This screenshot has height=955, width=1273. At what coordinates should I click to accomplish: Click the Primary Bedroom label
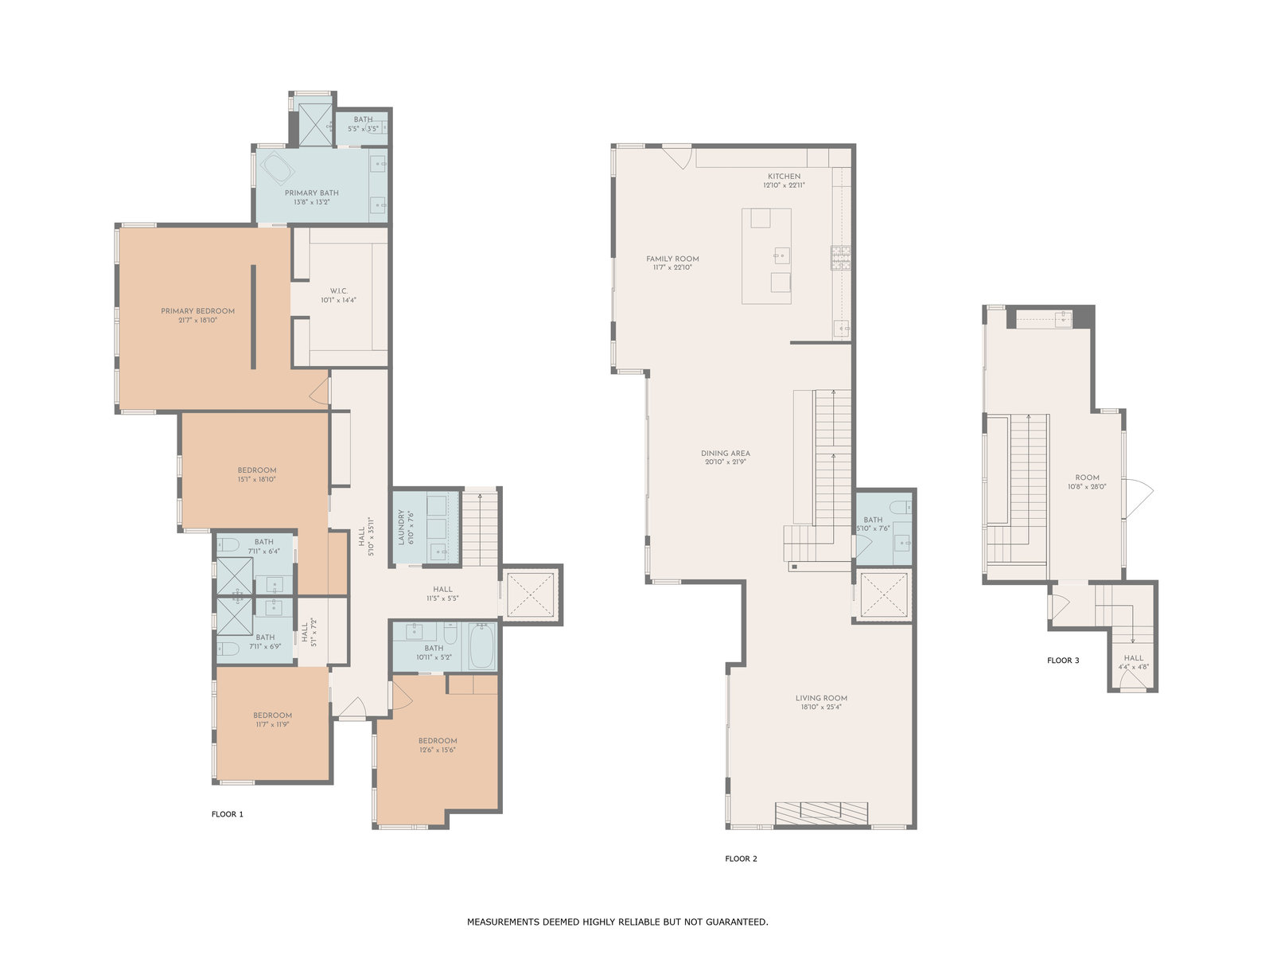pos(198,315)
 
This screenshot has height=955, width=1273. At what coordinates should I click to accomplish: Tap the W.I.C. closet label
pos(339,296)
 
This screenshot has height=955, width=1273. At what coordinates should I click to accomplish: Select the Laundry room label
pos(406,527)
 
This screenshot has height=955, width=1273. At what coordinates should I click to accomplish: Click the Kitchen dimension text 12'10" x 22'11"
pos(784,185)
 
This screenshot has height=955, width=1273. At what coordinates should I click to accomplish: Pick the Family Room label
pos(673,263)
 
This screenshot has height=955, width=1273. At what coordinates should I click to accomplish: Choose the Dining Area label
pos(726,458)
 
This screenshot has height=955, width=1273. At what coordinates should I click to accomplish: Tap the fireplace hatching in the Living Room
pos(822,813)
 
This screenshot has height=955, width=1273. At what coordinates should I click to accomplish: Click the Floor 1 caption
pos(228,814)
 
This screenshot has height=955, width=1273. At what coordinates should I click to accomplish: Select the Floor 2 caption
pos(742,859)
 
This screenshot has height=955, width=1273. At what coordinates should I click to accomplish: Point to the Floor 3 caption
pos(1063,661)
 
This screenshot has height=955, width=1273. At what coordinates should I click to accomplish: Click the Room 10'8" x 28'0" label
pos(1087,482)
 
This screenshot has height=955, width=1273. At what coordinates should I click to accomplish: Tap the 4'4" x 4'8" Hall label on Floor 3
pos(1134,662)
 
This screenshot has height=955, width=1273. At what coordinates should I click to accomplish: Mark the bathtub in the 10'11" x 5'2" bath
pos(481,646)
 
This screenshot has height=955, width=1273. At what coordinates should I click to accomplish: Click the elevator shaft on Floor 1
pos(531,595)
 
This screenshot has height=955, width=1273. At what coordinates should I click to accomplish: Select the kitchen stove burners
pos(841,258)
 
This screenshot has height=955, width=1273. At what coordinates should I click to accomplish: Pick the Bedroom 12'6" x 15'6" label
pos(438,745)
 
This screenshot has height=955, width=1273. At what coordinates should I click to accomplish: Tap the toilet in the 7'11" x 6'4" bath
pos(228,544)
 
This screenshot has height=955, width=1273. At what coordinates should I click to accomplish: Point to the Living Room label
pos(821,702)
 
